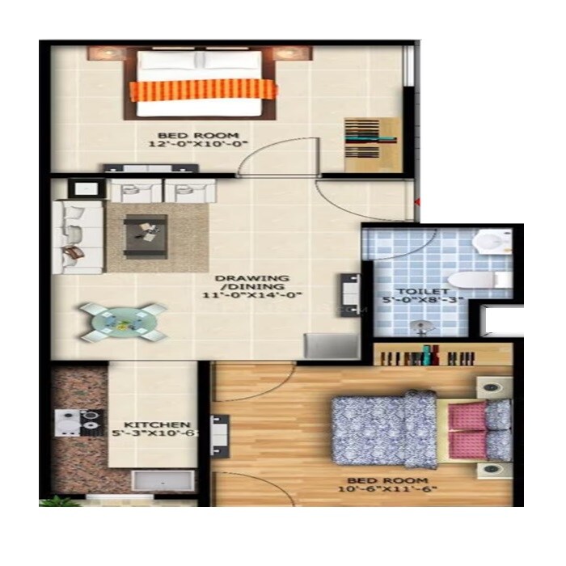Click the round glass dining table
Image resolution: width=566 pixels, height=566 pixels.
[124, 321]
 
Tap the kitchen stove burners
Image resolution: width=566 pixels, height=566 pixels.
[79, 420]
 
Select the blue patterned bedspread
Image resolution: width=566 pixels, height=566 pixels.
[384, 429]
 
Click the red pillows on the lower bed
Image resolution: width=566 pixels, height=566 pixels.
[467, 429]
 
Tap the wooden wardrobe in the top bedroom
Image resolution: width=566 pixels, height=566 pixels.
[373, 143]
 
